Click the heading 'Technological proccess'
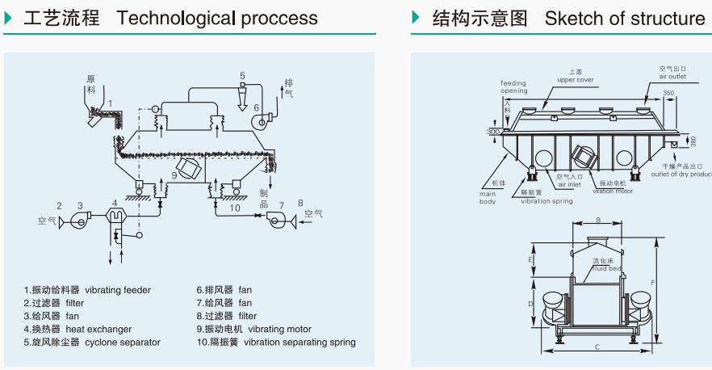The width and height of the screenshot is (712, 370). (x=217, y=18)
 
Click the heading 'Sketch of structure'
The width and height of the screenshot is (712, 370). (x=625, y=18)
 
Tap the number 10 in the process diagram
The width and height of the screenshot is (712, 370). (x=233, y=208)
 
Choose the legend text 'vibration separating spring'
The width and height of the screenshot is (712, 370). (x=299, y=342)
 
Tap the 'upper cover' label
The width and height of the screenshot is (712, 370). (x=576, y=80)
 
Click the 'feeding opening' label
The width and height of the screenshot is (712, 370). (x=513, y=87)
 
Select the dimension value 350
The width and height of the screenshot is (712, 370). (x=669, y=94)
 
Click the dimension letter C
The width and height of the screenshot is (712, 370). (x=597, y=347)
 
